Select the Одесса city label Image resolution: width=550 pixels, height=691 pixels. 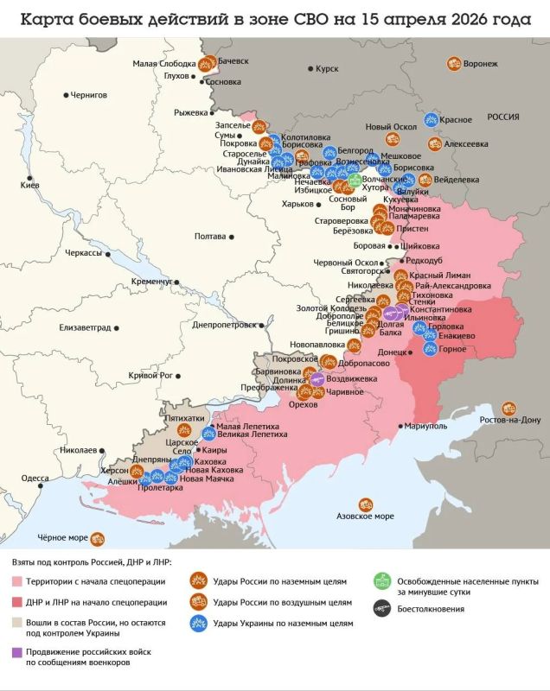35,478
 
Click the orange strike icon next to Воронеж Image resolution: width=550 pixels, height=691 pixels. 453,63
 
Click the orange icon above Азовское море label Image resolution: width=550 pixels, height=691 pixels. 365,504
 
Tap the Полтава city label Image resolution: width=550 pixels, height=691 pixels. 210,236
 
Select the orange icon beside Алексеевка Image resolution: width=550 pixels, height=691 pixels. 435,144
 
